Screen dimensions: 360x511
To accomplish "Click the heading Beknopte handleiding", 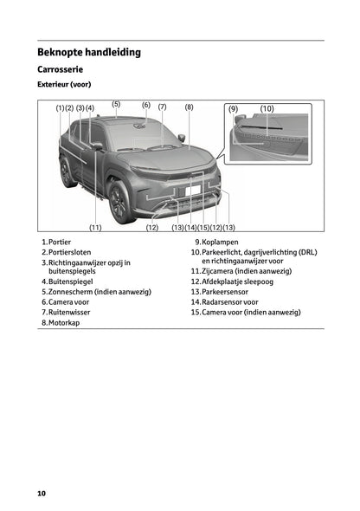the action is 89,52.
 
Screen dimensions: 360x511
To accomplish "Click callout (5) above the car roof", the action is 116,104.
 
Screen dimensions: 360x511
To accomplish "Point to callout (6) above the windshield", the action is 146,105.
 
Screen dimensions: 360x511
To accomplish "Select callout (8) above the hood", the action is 189,107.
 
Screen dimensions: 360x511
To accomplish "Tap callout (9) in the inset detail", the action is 234,109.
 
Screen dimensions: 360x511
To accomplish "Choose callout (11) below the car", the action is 95,227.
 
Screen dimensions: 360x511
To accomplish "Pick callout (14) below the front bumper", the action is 190,227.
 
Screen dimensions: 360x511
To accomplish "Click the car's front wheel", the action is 119,200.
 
